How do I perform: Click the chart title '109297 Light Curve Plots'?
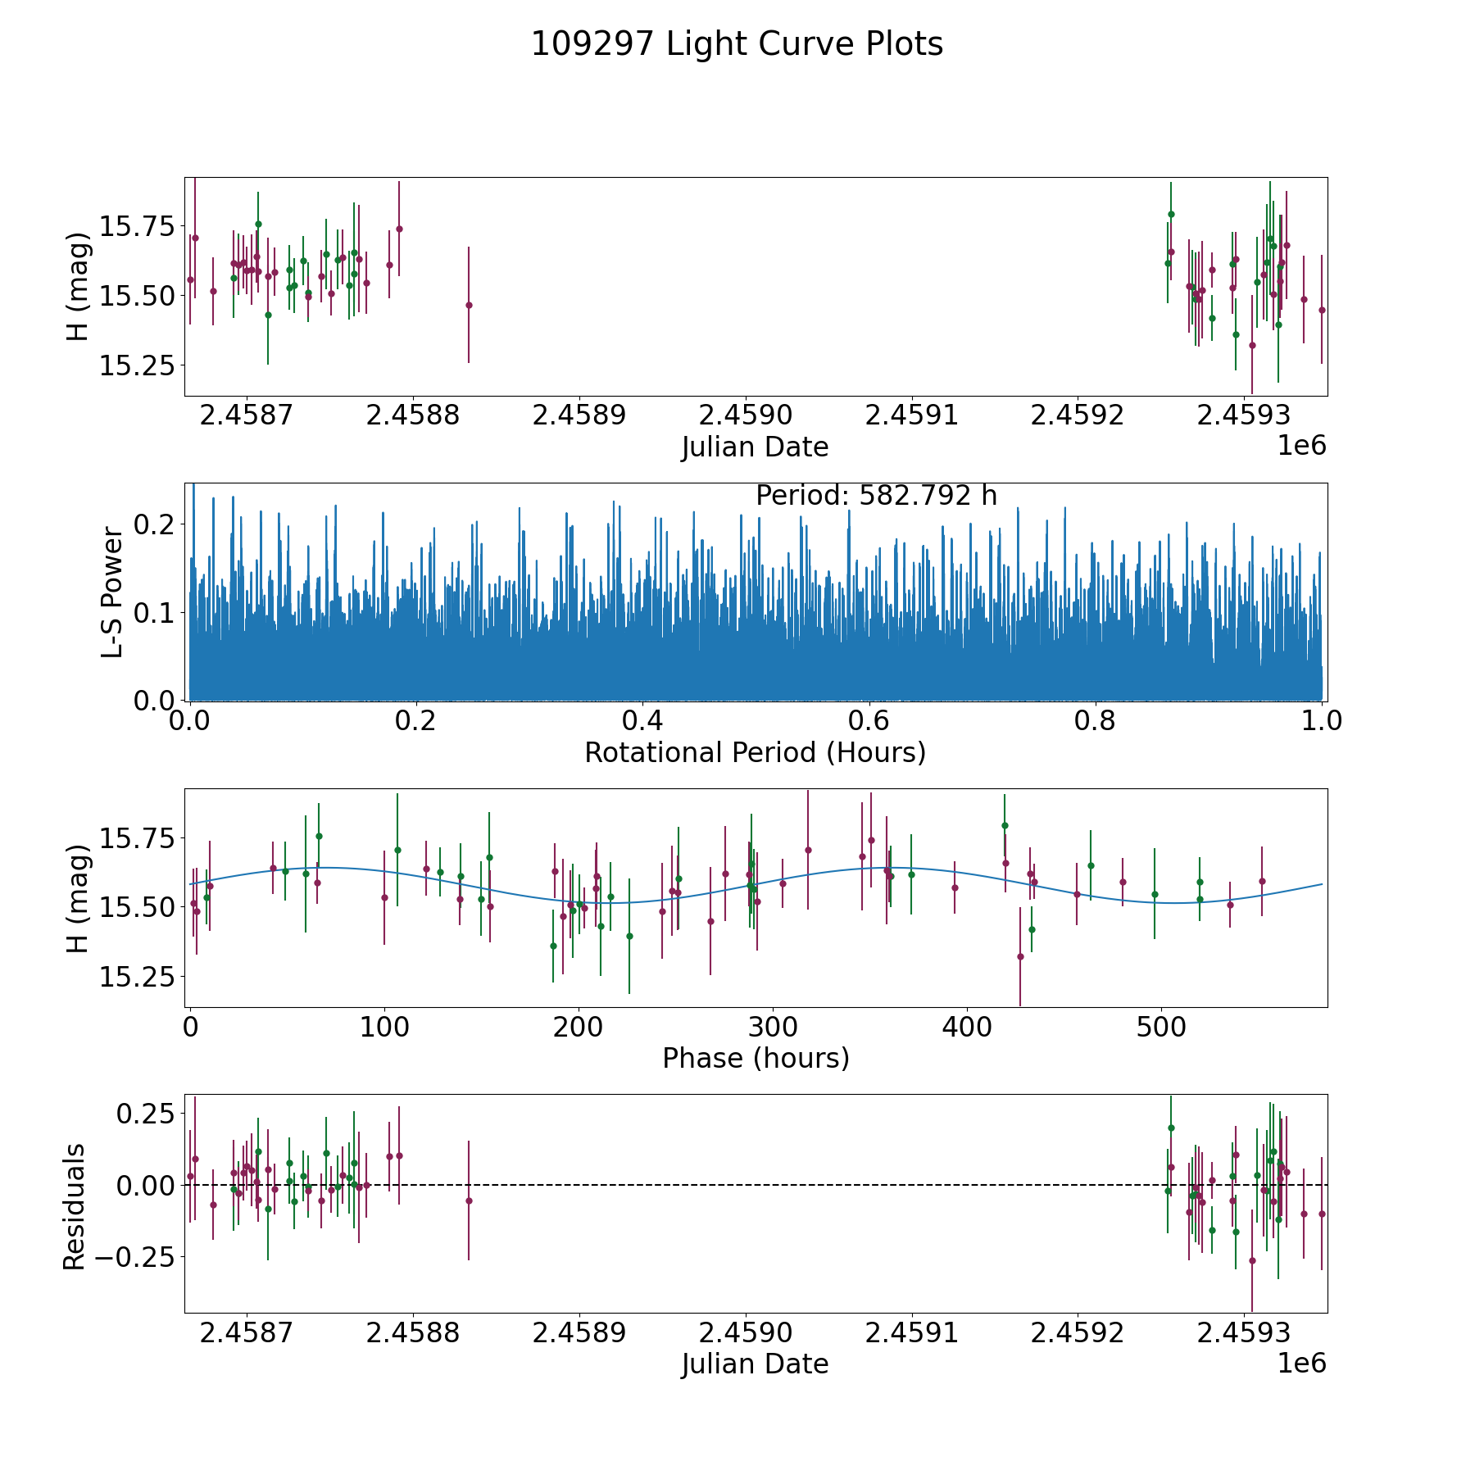click(737, 44)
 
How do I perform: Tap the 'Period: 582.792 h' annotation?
click(876, 496)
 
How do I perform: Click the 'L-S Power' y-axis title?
click(113, 592)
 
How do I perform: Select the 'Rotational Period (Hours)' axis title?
click(755, 752)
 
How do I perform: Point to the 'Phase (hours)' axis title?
click(755, 1058)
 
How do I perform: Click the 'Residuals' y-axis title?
click(75, 1206)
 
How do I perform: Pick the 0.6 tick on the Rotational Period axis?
click(869, 721)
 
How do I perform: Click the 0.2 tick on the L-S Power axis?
click(155, 524)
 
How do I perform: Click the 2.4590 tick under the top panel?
click(746, 415)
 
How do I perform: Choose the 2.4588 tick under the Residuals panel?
click(413, 1333)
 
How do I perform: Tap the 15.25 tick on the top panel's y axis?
click(137, 365)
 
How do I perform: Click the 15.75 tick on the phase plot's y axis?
click(137, 839)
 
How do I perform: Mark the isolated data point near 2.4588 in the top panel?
click(469, 305)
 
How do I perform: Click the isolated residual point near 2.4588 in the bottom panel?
click(469, 1200)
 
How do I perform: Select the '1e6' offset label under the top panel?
click(1301, 445)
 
